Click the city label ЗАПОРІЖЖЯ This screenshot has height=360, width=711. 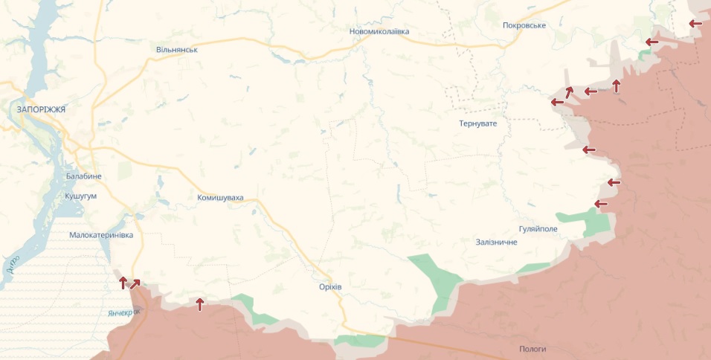click(41, 109)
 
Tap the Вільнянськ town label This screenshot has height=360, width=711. click(176, 49)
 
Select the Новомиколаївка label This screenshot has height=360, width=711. click(379, 32)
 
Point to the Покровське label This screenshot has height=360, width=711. click(524, 25)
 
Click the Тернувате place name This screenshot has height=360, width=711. click(477, 123)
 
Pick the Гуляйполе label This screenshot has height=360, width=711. click(538, 229)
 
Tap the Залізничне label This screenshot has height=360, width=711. click(496, 242)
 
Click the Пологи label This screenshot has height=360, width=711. click(533, 349)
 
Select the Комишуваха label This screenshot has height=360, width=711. click(220, 198)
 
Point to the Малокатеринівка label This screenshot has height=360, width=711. click(100, 235)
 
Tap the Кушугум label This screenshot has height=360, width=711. click(81, 195)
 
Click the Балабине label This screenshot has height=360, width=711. click(83, 176)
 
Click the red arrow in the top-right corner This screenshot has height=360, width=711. click(695, 24)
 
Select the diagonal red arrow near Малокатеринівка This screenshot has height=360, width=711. click(135, 283)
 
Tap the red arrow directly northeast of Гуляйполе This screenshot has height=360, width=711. click(601, 204)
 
